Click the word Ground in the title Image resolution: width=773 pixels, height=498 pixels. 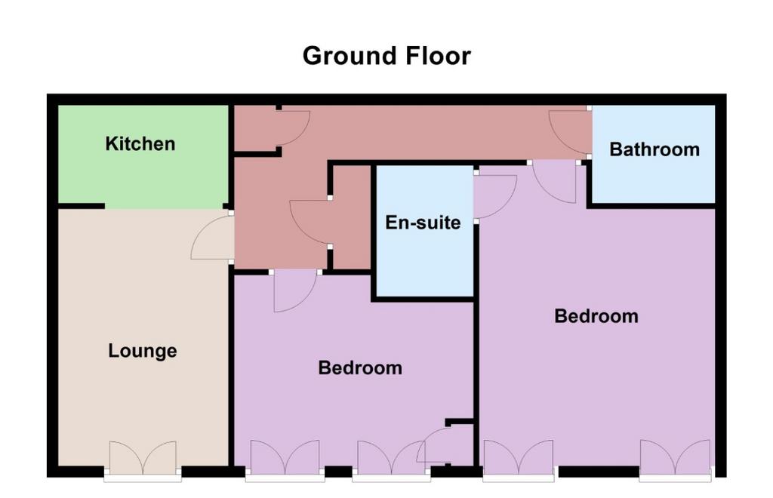point(350,56)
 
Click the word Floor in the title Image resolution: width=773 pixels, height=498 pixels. point(438,56)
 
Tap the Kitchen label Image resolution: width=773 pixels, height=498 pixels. point(140,144)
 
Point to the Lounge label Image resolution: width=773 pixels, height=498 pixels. point(143,351)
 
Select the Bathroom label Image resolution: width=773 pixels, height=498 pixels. point(654,149)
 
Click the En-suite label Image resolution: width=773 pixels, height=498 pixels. point(423,223)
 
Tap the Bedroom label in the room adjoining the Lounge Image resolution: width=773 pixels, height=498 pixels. point(360,368)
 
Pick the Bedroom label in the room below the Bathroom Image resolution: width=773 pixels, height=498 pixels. point(596,315)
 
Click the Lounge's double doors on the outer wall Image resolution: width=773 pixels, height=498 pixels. point(143,458)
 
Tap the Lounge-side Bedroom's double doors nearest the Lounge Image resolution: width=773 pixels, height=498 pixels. point(285,458)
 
